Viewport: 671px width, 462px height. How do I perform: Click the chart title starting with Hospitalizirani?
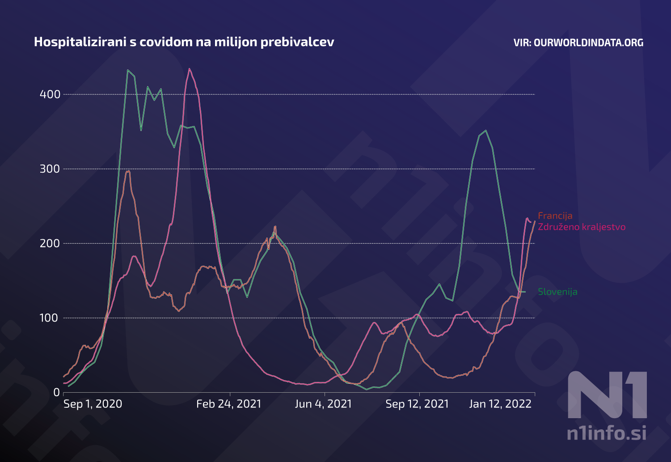coord(184,42)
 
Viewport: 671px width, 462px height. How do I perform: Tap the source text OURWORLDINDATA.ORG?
coord(578,42)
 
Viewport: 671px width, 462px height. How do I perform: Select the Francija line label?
coord(555,216)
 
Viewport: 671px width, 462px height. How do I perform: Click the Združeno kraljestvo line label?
coord(581,227)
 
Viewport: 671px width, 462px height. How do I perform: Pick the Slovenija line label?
coord(557,292)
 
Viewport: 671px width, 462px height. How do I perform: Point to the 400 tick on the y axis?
coord(50,94)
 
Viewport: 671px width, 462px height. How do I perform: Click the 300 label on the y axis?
coord(50,169)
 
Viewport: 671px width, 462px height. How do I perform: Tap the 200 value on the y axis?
coord(50,243)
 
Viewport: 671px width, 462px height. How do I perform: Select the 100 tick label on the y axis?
coord(50,318)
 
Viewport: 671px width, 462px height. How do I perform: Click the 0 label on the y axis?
coord(56,392)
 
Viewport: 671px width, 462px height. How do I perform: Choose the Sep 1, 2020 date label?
coord(93,404)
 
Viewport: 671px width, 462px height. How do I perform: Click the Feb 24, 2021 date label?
coord(228,404)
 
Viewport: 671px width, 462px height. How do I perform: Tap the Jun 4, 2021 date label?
coord(323,404)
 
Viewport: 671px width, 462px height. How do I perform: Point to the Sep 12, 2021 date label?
coord(417,404)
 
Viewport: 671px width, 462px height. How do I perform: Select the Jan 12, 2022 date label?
coord(500,404)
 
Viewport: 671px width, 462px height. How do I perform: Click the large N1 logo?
coord(607,395)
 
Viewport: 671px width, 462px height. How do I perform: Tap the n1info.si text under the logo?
coord(606,433)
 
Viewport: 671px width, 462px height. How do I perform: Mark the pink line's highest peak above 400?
coord(190,69)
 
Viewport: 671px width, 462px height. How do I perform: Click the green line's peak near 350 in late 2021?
coord(485,131)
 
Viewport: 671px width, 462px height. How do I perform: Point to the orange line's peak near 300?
coord(128,171)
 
